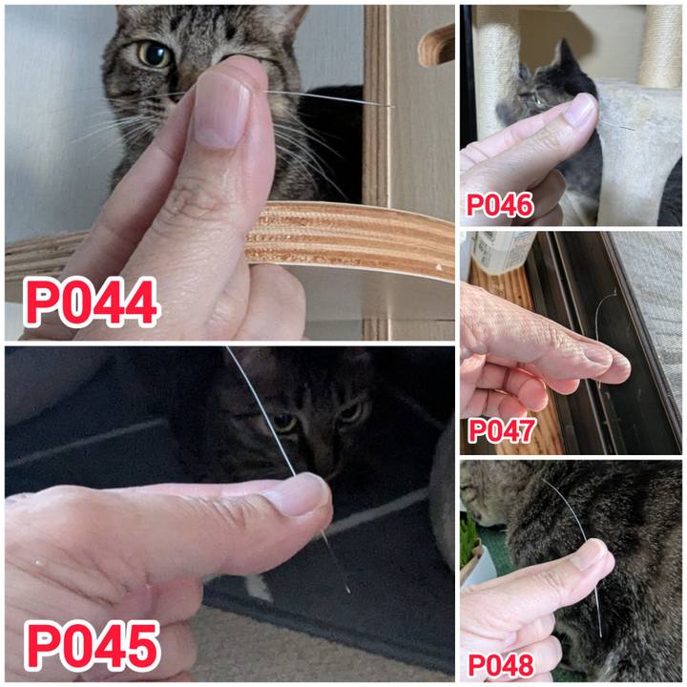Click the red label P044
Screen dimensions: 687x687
[x=92, y=302]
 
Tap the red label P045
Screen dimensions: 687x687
[x=92, y=646]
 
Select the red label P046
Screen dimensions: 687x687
[x=500, y=205]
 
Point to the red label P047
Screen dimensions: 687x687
[x=502, y=430]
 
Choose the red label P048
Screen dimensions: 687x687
[x=501, y=666]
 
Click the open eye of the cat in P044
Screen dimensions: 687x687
[x=155, y=53]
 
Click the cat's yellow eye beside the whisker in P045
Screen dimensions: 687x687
[x=284, y=423]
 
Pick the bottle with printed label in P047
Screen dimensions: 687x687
[x=497, y=253]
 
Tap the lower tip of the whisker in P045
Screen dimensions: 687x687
[x=349, y=593]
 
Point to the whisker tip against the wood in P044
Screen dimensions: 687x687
[x=392, y=106]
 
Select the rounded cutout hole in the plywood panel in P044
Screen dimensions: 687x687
[x=436, y=46]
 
